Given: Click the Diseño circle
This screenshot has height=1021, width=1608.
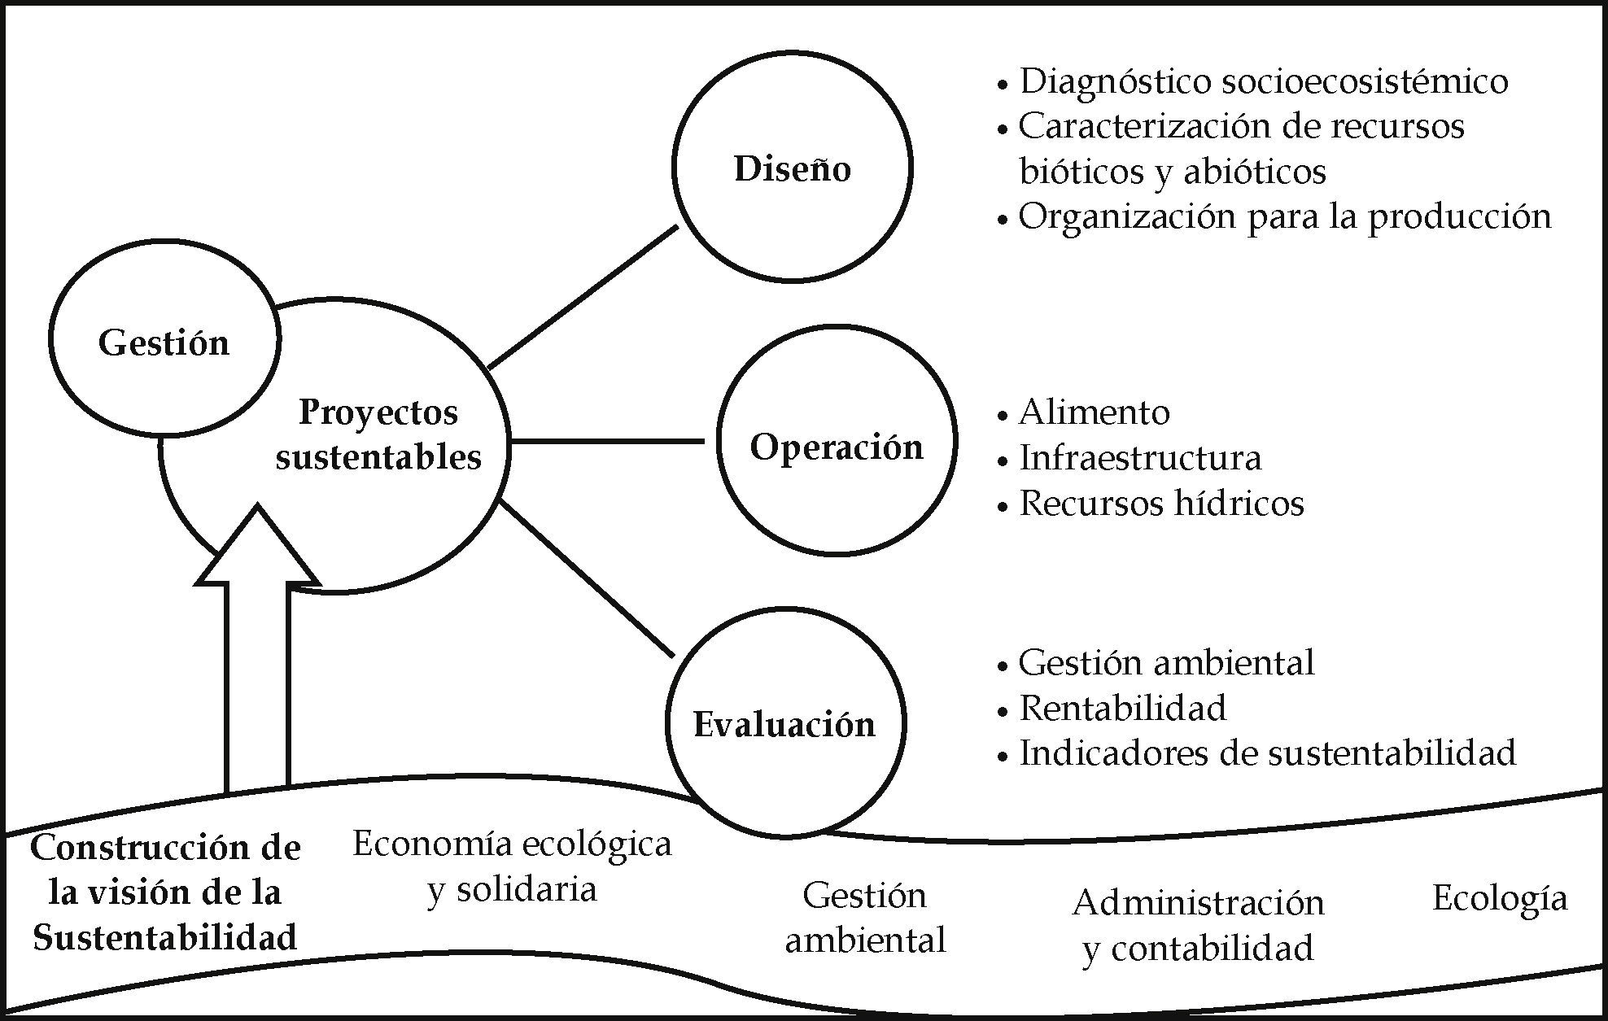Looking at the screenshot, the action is [792, 168].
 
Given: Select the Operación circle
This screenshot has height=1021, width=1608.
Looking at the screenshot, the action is [836, 442].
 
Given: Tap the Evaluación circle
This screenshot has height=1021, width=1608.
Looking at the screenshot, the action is [784, 722].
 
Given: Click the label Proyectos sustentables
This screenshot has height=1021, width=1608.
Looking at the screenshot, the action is [378, 434].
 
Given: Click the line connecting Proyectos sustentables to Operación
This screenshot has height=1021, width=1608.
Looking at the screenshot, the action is [607, 442].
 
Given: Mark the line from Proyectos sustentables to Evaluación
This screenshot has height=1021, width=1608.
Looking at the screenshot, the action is [586, 579].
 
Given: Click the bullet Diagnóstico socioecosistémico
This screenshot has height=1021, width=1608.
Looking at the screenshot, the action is [1262, 81].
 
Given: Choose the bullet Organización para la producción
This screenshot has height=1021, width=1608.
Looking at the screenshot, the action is [1284, 216].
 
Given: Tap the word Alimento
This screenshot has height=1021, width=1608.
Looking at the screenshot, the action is [1094, 412].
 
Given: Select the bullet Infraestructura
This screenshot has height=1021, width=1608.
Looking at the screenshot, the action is [1140, 458].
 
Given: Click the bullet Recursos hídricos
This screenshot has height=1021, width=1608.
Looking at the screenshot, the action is [1161, 504].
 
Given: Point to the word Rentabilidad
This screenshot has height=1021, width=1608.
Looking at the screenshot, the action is [1122, 708].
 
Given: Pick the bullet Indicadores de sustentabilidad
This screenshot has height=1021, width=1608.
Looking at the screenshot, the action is [1267, 753].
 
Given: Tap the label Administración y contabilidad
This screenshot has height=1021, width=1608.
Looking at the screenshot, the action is [1198, 926].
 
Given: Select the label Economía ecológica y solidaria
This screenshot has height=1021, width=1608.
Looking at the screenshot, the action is [512, 866].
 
